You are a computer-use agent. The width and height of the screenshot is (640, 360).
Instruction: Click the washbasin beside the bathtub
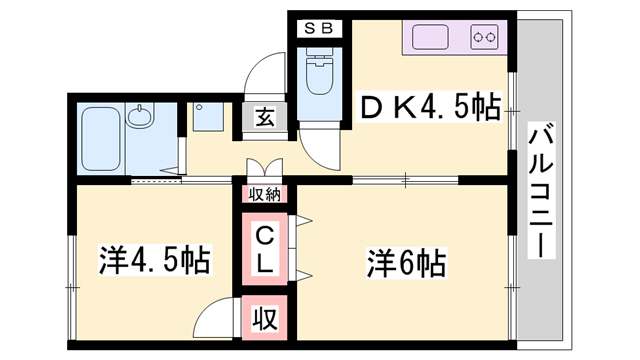pos(141,119)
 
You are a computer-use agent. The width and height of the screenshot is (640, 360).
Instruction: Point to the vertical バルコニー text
pos(543,190)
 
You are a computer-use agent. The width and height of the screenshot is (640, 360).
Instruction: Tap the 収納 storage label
pos(265,193)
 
